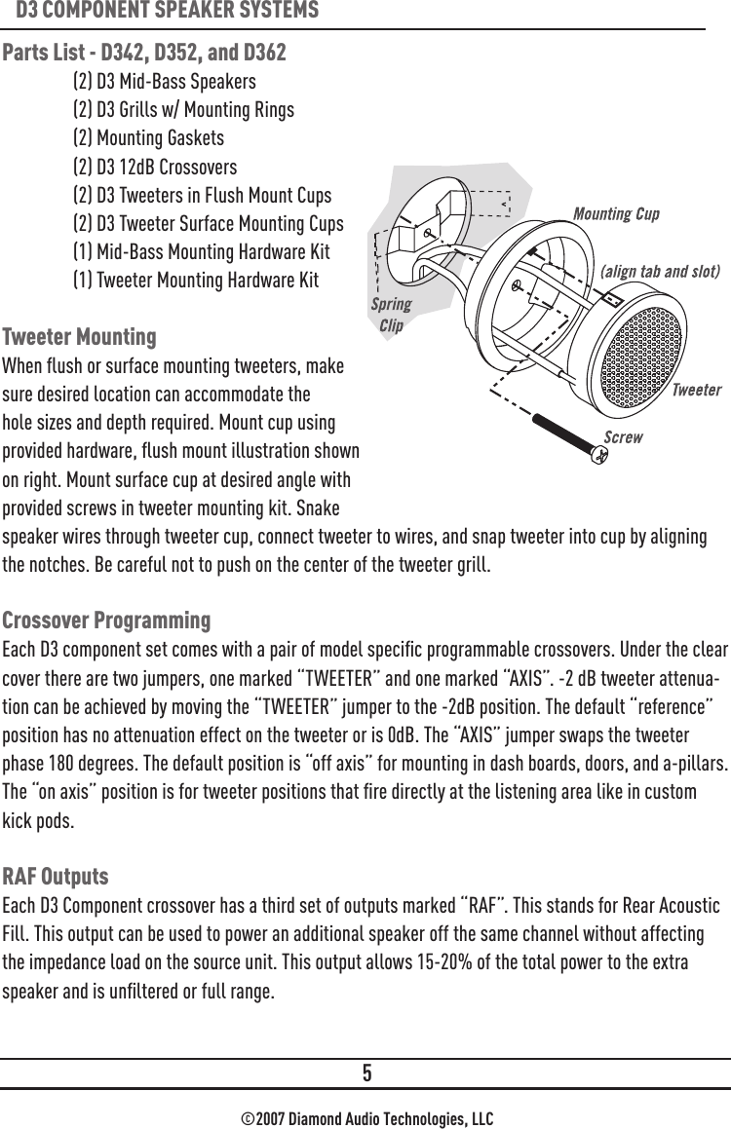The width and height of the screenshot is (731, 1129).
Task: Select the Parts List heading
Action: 144,51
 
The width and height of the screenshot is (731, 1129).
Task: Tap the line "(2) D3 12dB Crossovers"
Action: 155,167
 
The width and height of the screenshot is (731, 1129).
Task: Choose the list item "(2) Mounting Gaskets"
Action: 148,138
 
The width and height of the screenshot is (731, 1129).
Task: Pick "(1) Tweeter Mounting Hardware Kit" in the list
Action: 195,281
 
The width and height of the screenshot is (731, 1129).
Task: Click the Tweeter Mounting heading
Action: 79,337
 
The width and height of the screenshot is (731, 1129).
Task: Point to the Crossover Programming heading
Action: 106,621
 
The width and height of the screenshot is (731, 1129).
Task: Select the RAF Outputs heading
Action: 56,876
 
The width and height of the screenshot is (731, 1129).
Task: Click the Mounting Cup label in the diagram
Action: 616,213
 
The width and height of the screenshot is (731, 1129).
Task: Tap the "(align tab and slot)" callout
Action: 660,271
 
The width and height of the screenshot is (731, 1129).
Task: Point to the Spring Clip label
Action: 391,315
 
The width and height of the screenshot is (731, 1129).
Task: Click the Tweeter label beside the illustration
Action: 696,390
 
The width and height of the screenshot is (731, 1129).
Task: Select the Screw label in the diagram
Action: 623,436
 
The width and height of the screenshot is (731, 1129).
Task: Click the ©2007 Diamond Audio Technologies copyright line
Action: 365,1116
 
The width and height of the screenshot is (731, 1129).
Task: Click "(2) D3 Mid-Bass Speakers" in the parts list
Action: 165,81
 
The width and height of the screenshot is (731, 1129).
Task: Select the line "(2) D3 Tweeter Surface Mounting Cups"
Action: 208,224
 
